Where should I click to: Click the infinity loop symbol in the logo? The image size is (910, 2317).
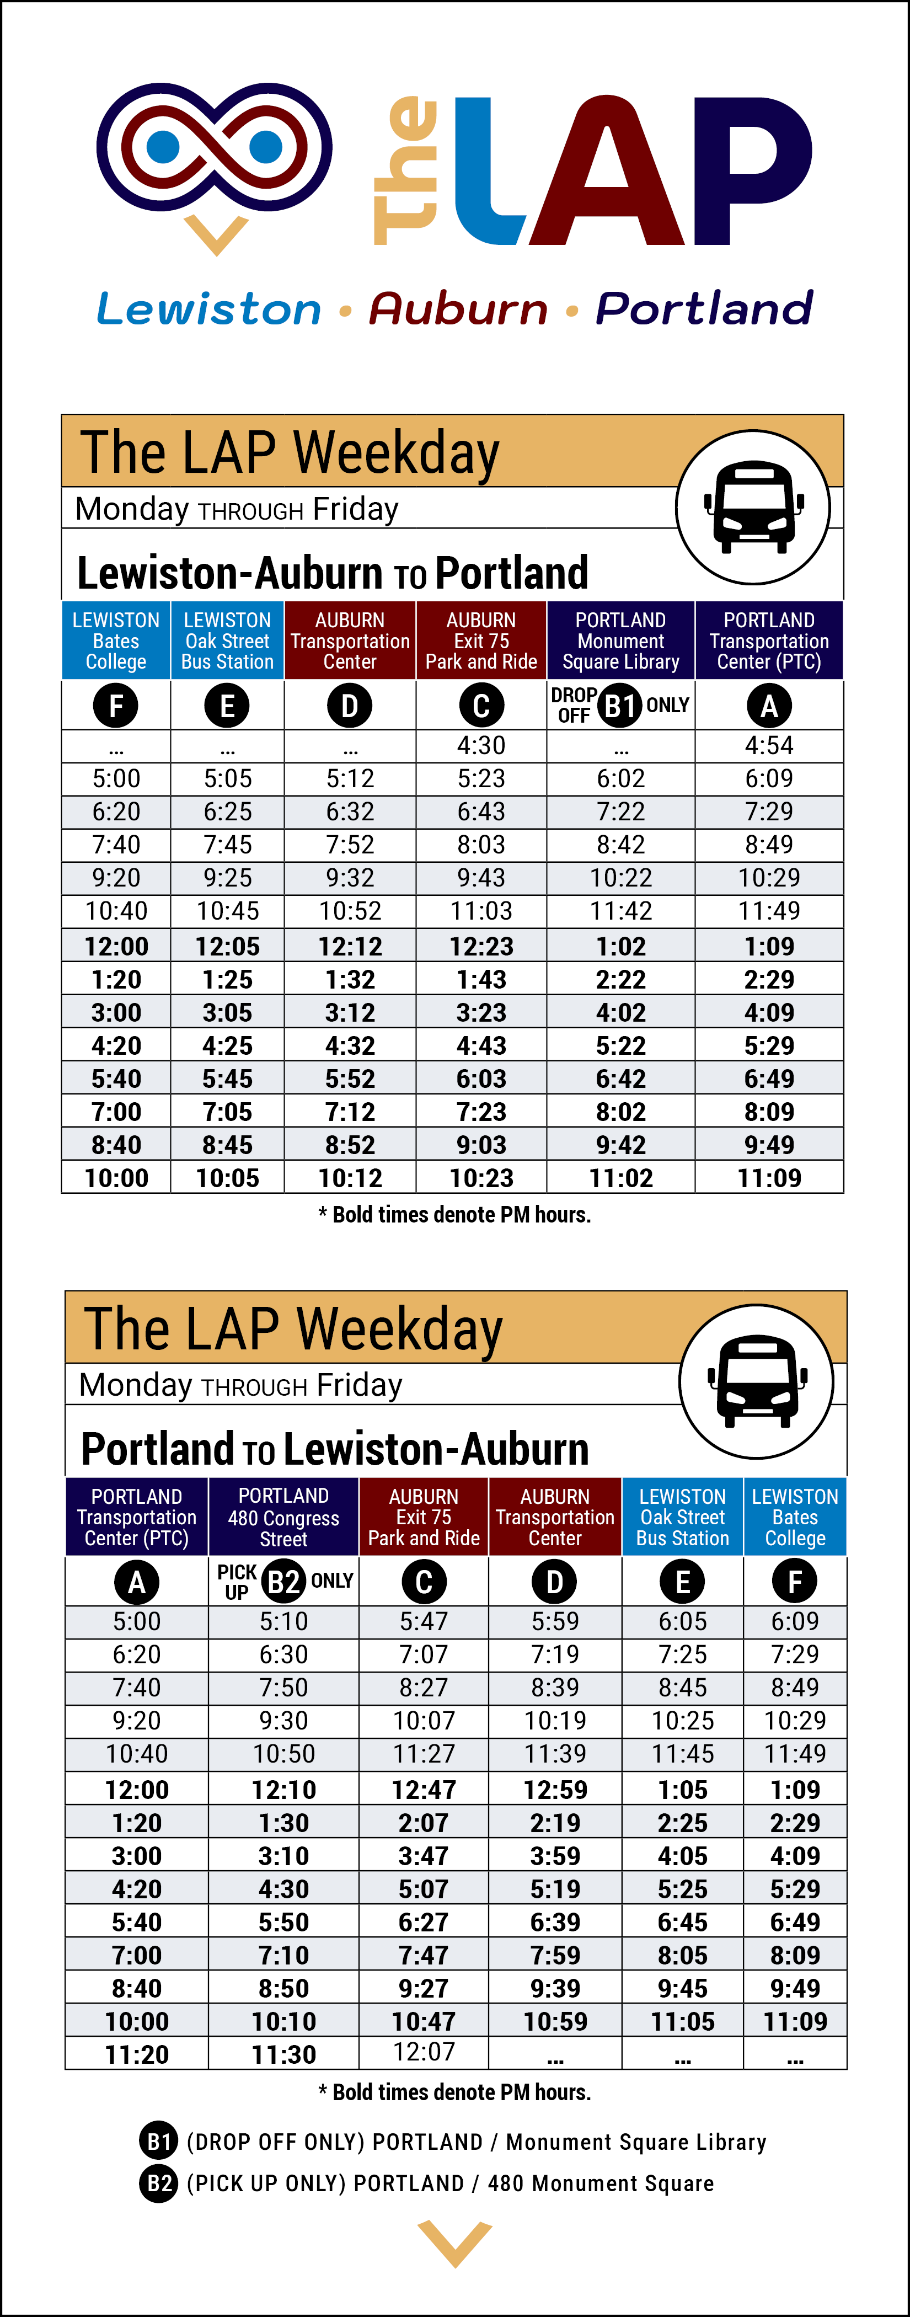pyautogui.click(x=215, y=147)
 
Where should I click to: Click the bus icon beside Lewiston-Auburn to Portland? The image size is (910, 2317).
pyautogui.click(x=753, y=508)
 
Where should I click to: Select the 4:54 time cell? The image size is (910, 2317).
pyautogui.click(x=769, y=746)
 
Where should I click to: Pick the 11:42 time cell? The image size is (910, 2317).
pyautogui.click(x=620, y=911)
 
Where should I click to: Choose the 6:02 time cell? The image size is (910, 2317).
pyautogui.click(x=620, y=779)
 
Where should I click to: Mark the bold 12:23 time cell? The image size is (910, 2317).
pyautogui.click(x=481, y=946)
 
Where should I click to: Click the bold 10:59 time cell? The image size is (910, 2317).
pyautogui.click(x=555, y=2022)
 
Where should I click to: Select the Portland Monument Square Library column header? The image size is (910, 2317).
pyautogui.click(x=620, y=640)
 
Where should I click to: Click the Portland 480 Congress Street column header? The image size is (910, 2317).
pyautogui.click(x=283, y=1517)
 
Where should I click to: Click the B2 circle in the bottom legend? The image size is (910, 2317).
pyautogui.click(x=159, y=2183)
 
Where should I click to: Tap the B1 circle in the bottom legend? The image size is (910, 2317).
pyautogui.click(x=159, y=2142)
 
